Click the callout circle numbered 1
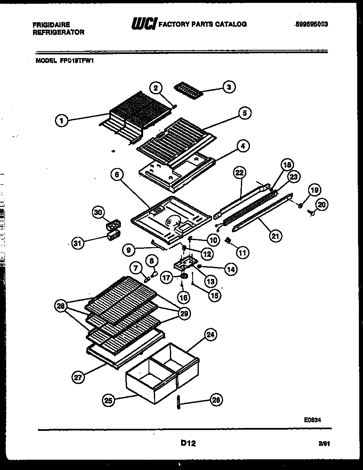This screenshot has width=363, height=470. [x=61, y=121]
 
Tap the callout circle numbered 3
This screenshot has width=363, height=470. [x=229, y=87]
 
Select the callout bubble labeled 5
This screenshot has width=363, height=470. [x=245, y=113]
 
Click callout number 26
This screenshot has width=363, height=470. [x=216, y=399]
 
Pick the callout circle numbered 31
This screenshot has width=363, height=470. [x=77, y=243]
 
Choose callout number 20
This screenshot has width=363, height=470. [x=322, y=204]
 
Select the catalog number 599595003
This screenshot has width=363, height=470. [x=311, y=24]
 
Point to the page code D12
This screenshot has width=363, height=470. [x=188, y=443]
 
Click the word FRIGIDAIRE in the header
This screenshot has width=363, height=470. [x=51, y=25]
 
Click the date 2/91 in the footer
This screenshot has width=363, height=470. [x=325, y=444]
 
